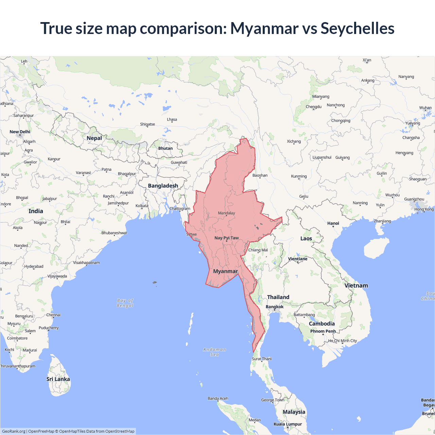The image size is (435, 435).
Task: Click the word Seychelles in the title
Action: coord(357,28)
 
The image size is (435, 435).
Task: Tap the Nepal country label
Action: coord(94,138)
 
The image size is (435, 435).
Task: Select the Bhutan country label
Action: coord(166,148)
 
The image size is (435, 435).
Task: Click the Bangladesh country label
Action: coord(163,186)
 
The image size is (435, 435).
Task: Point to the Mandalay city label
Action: coord(226,213)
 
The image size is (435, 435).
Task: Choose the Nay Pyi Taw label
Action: coord(226,238)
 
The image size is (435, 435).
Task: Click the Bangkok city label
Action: coord(275,307)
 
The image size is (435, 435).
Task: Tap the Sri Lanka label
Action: coord(58,379)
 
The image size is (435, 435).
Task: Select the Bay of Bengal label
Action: coord(125,303)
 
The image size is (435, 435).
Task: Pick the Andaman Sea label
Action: coord(214,352)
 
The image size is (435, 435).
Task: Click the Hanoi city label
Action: coord(333,223)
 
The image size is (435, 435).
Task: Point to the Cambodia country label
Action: coord(321,324)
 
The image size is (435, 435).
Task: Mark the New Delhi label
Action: coord(20,132)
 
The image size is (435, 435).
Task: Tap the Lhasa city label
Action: coord(172,120)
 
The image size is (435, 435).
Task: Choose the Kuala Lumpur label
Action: coord(288,424)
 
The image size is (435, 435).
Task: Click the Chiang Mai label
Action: coord(258,250)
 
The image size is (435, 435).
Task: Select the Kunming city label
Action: coord(299,176)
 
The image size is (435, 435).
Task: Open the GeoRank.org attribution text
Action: coord(14,431)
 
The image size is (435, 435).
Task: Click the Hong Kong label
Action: coord(424,209)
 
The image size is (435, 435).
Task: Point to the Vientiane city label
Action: coord(298,259)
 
